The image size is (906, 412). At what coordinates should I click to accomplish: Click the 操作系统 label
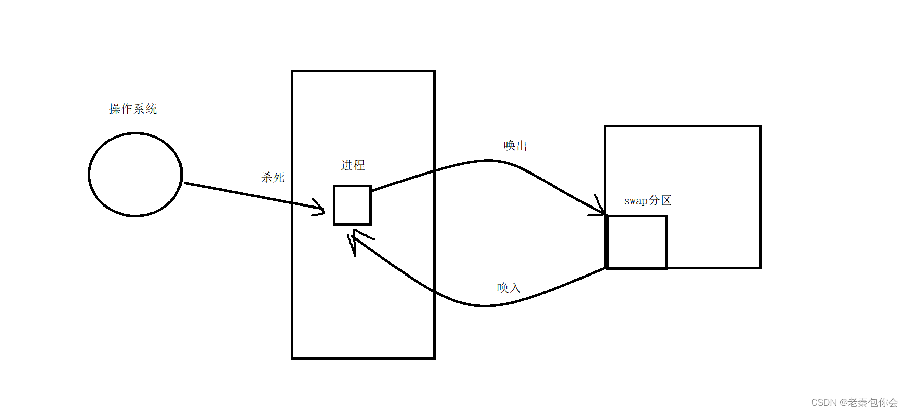(x=133, y=109)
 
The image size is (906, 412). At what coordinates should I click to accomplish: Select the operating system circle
(x=135, y=175)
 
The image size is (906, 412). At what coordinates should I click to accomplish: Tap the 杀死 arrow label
(x=273, y=177)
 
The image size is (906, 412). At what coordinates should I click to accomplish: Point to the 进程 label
(x=353, y=165)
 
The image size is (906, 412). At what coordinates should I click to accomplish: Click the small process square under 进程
(x=352, y=205)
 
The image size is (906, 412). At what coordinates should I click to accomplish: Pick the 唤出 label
(x=516, y=146)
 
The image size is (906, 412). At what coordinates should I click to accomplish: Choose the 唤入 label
(x=509, y=288)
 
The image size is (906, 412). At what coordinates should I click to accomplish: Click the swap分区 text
(x=647, y=200)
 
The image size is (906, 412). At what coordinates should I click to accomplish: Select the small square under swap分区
(x=637, y=242)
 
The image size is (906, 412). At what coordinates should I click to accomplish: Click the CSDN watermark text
(x=854, y=402)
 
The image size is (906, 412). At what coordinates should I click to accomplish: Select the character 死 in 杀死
(x=279, y=177)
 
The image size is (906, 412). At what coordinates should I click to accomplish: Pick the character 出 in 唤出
(x=522, y=146)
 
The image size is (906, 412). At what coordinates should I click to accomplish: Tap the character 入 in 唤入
(x=515, y=288)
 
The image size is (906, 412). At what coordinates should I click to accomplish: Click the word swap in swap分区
(x=636, y=201)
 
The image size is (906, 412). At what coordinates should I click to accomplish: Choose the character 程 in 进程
(x=359, y=165)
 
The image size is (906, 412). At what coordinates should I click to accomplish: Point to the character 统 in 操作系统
(x=151, y=109)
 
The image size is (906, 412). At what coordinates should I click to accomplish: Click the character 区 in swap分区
(x=666, y=200)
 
